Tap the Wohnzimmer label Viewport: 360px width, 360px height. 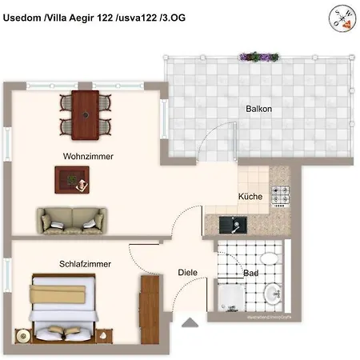[87, 157]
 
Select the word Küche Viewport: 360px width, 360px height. [250, 197]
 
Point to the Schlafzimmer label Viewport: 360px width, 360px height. [85, 263]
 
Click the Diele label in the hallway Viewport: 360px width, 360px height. [188, 273]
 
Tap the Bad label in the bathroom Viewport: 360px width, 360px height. [250, 273]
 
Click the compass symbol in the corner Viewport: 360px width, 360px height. [342, 17]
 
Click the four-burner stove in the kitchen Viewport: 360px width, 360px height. [280, 194]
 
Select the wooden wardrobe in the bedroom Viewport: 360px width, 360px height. [149, 307]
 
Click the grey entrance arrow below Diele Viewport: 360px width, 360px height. [190, 322]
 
